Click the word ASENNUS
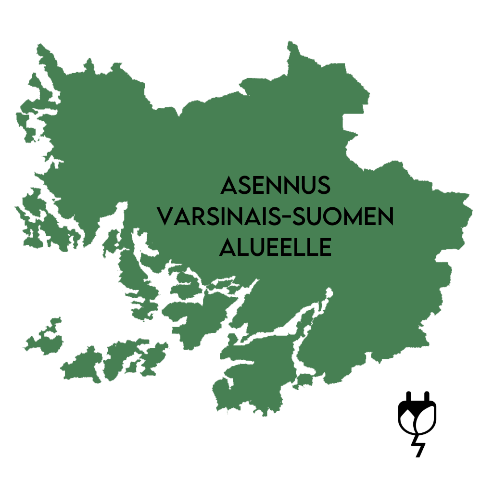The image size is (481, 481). tap(276, 186)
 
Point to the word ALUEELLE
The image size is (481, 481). tap(276, 247)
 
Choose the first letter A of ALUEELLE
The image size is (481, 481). tap(228, 247)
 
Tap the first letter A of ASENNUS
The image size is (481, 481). tap(229, 186)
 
